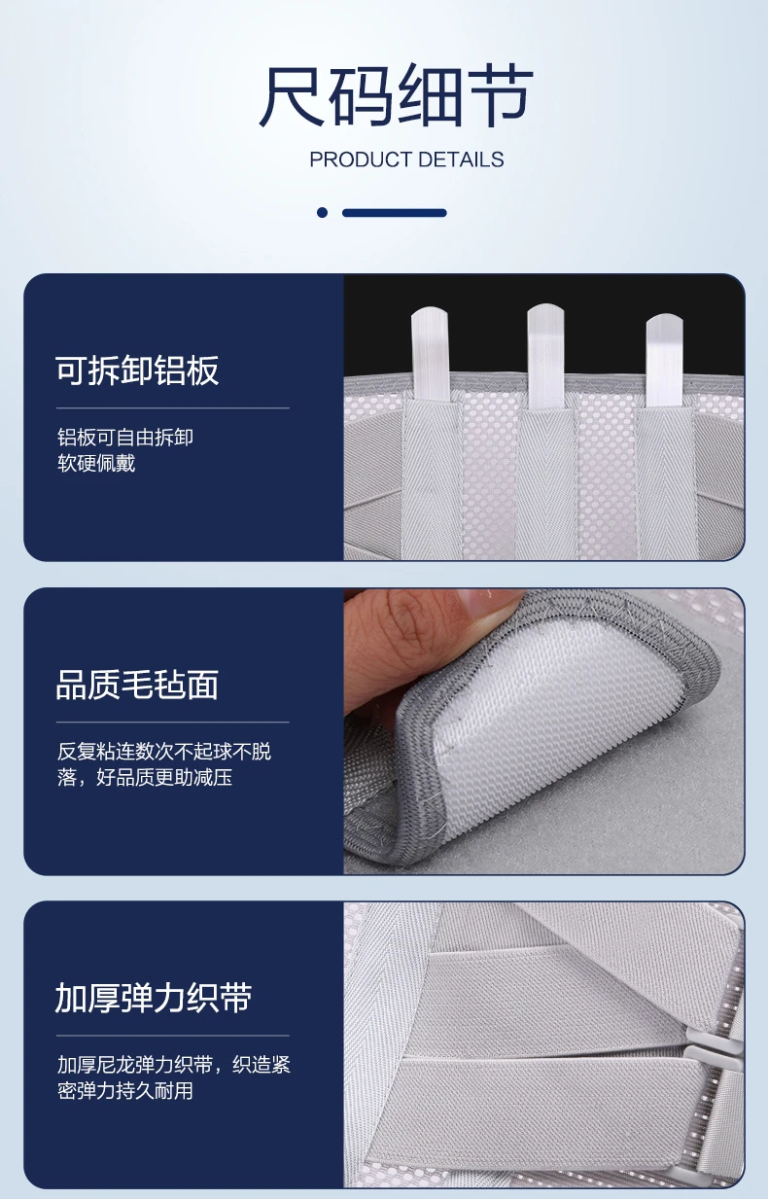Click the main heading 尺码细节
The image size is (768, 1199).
(x=396, y=96)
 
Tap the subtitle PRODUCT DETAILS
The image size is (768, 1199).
(x=406, y=159)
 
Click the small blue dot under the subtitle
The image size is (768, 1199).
(x=322, y=213)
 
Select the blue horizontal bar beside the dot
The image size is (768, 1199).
(x=395, y=213)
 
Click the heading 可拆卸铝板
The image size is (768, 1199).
(x=137, y=370)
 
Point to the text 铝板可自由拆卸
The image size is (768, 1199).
(x=125, y=438)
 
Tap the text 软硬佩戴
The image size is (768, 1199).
(x=96, y=463)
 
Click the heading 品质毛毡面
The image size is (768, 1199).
(x=137, y=685)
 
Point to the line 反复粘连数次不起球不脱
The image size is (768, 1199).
(x=164, y=752)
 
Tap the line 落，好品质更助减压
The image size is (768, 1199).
(x=145, y=777)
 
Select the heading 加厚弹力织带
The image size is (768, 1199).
(x=153, y=999)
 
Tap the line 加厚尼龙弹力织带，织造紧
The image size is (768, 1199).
(x=174, y=1065)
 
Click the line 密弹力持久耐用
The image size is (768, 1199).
(x=125, y=1091)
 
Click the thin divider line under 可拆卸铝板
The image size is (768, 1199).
(x=172, y=407)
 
